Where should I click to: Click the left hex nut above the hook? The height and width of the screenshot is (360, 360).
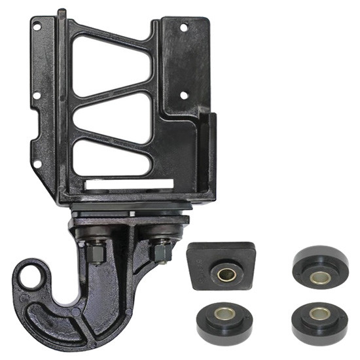[96, 251]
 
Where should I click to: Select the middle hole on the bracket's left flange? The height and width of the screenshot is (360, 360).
[37, 96]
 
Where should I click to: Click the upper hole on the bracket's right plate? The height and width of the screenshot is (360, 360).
[184, 27]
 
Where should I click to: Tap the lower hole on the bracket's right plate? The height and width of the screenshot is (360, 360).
[184, 95]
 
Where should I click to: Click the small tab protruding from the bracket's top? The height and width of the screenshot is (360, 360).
[61, 14]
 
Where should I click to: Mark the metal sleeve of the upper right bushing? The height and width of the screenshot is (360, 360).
[320, 277]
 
